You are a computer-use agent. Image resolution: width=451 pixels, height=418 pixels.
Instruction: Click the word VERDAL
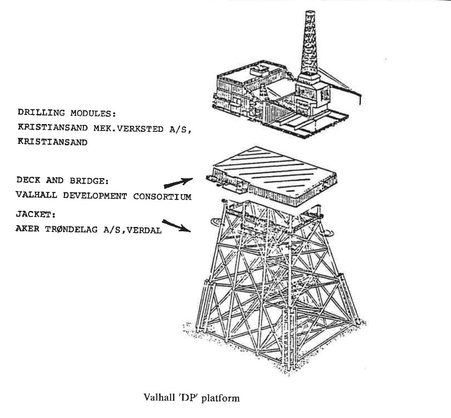146,230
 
